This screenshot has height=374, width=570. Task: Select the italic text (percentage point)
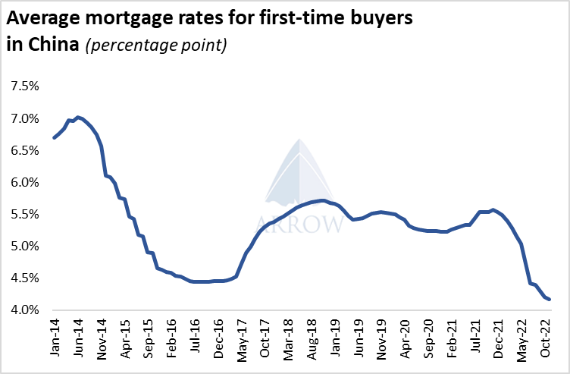click(x=155, y=45)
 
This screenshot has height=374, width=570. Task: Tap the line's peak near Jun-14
click(x=78, y=117)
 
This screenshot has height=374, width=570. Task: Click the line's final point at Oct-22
click(x=549, y=299)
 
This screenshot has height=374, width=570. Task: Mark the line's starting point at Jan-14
click(x=54, y=137)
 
